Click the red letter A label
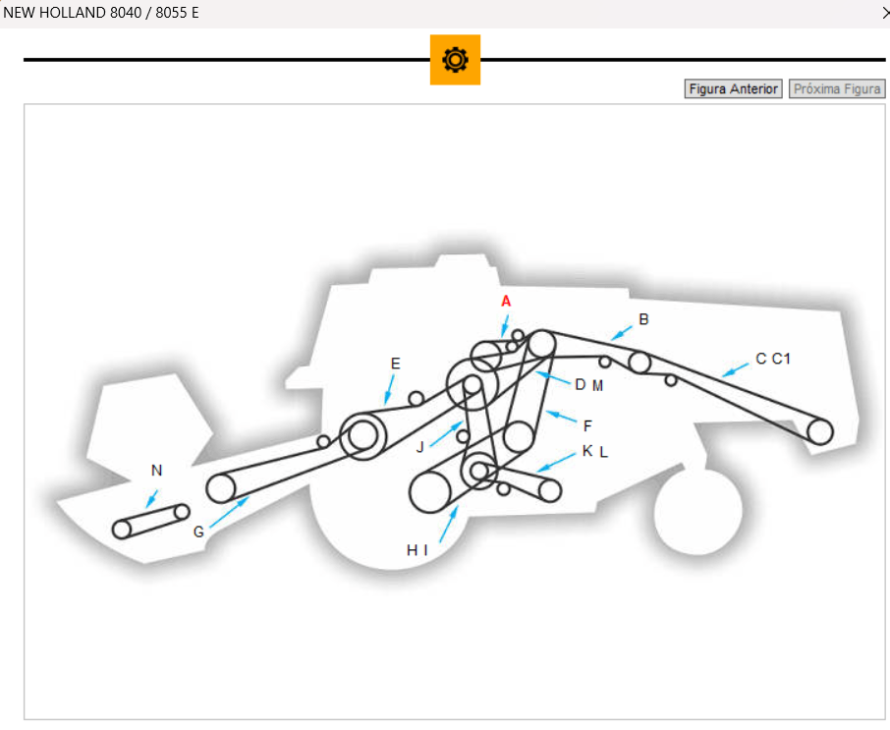pyautogui.click(x=506, y=301)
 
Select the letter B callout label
pyautogui.click(x=643, y=319)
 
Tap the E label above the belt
pyautogui.click(x=395, y=364)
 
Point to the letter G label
pyautogui.click(x=198, y=532)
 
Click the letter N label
pyautogui.click(x=156, y=471)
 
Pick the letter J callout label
pyautogui.click(x=419, y=447)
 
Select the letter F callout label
pyautogui.click(x=587, y=425)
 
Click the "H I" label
pyautogui.click(x=417, y=550)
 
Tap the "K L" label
pyautogui.click(x=595, y=451)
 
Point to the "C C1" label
pyautogui.click(x=773, y=359)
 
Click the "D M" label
pyautogui.click(x=589, y=384)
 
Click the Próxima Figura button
pyautogui.click(x=837, y=89)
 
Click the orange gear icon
pyautogui.click(x=455, y=60)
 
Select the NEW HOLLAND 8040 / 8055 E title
pyautogui.click(x=101, y=14)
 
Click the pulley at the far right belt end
pyautogui.click(x=820, y=430)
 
